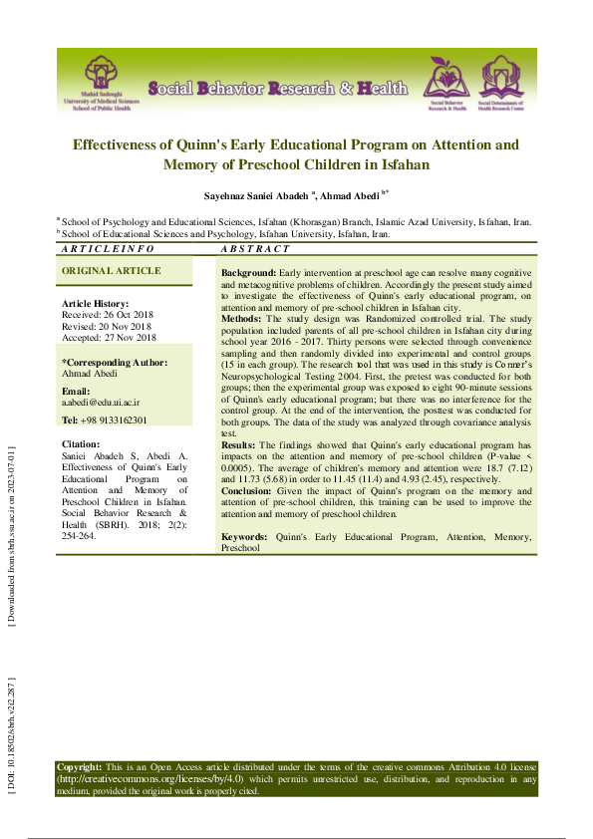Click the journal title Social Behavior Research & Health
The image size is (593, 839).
point(278,89)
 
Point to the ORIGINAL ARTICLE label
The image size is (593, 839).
point(111,271)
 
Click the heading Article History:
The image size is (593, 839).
point(96,303)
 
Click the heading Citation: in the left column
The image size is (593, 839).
point(81,443)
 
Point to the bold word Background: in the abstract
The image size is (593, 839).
point(248,272)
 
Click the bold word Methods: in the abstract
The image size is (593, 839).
point(241,318)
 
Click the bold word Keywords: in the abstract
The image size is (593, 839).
point(243,537)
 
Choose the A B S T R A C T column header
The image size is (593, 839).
point(255,249)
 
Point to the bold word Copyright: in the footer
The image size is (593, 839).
point(79,766)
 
